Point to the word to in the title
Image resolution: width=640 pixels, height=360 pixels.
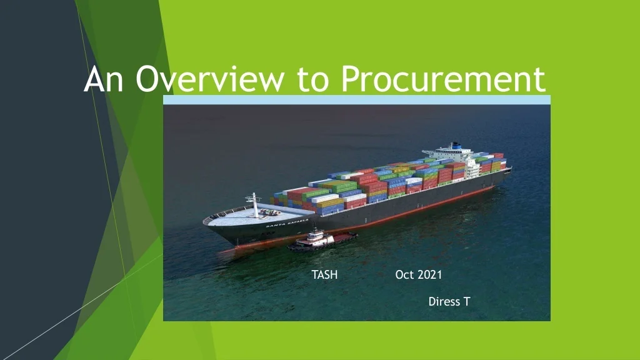coord(313,79)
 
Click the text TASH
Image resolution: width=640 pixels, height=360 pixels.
coord(324,275)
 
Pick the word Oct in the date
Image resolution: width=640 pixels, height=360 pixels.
coord(404,275)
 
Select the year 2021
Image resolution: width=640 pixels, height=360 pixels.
coord(430,275)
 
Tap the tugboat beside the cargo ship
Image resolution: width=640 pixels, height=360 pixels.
coord(322,240)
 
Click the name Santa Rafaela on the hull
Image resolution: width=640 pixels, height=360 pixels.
coord(287,223)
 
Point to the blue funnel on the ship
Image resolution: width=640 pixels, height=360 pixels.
coord(455,146)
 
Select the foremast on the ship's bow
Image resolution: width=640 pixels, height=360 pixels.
coord(254,205)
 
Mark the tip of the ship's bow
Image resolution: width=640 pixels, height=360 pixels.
coord(204,222)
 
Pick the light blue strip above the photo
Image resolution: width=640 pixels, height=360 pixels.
coord(357,100)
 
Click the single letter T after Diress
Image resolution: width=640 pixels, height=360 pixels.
coord(466,302)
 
